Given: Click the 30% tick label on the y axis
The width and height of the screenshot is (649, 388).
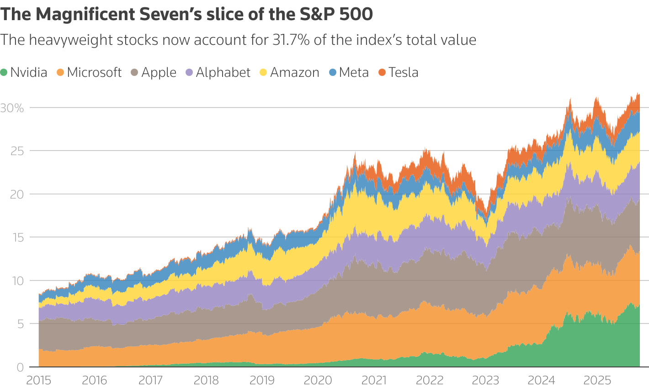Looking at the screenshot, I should pos(12,108).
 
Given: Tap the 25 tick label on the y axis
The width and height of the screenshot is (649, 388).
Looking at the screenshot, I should pos(17,151).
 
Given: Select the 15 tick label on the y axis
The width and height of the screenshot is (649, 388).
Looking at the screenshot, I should pos(17,237).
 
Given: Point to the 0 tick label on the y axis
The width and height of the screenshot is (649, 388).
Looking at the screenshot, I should pos(20,367).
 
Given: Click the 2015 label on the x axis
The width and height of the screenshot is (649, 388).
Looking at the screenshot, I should pos(39,380).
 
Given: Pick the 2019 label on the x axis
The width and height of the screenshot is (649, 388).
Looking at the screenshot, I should pos(262,380).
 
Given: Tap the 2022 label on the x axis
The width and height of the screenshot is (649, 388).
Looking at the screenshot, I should pos(430,380).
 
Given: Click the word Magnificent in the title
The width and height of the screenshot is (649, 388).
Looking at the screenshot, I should pos(85,15).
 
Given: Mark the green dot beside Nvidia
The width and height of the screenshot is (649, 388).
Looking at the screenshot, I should pos(4,72).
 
